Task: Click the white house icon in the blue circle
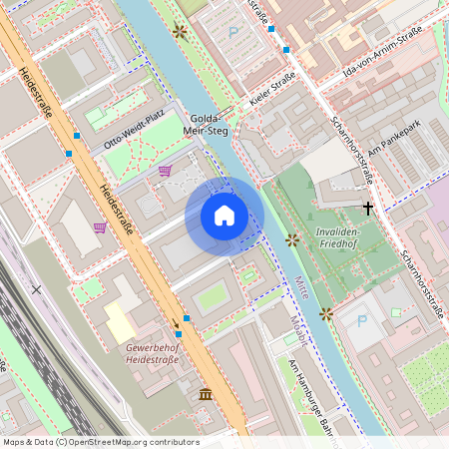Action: click(224, 216)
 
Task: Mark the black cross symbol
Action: click(368, 209)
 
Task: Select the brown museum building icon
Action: click(205, 393)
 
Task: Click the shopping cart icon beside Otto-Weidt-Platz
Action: click(165, 171)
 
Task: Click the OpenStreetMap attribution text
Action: click(100, 442)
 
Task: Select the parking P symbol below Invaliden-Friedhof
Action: click(362, 322)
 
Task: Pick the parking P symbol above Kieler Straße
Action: click(234, 33)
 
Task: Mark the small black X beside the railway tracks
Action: click(37, 289)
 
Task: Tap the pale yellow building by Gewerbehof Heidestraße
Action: click(120, 322)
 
